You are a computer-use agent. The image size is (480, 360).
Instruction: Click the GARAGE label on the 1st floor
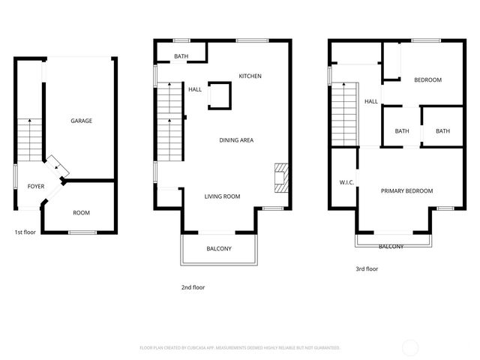coord(82,121)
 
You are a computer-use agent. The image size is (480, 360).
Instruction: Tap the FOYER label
coord(36,186)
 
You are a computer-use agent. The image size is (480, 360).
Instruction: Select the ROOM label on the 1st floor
coord(81,213)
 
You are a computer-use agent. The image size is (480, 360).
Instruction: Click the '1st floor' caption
coord(25,232)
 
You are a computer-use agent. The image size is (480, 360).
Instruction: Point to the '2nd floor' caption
coord(193,287)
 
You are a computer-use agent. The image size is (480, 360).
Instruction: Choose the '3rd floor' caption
coord(367,268)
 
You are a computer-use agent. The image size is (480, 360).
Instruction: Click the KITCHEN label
coord(250,76)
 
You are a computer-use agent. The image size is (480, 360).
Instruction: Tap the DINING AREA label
coord(235,140)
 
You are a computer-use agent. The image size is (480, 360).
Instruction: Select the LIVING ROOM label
coord(222,196)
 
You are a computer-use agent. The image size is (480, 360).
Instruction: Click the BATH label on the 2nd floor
coord(181,56)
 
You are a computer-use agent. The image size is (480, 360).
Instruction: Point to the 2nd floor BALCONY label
coord(219,249)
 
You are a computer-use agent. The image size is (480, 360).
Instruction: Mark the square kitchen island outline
coord(218,95)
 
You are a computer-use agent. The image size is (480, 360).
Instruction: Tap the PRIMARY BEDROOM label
coord(406,191)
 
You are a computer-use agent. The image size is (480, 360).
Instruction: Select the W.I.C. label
coord(346,182)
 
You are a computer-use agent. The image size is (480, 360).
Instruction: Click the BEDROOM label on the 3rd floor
coord(427,80)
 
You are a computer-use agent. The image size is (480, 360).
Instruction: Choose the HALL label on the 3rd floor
coord(371,101)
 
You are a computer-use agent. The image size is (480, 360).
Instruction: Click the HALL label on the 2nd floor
coord(195,89)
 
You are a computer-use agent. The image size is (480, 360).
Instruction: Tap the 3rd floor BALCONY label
coord(391,247)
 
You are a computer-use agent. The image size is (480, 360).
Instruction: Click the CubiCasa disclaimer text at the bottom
coord(240,347)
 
